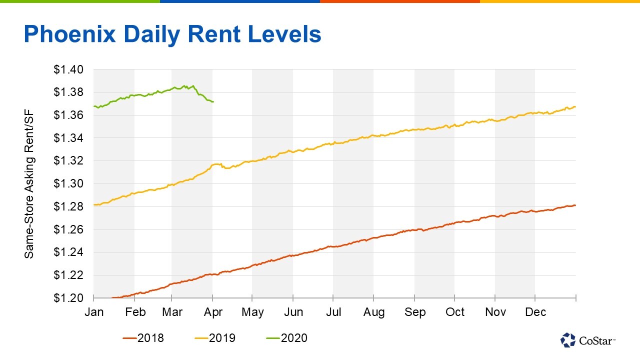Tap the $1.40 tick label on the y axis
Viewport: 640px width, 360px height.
coord(69,69)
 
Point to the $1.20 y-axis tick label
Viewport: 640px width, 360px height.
coord(69,298)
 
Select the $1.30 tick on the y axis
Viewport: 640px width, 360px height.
coord(69,183)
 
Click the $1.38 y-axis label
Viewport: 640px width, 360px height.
coord(69,92)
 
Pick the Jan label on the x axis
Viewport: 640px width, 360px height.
coord(94,312)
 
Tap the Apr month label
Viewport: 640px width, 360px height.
coord(212,312)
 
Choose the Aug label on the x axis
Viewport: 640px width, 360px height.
coord(374,312)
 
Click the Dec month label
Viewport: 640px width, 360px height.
coord(535,312)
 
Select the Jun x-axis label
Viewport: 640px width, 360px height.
coord(293,312)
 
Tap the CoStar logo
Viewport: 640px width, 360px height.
coord(588,340)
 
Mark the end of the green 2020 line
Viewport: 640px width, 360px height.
coord(213,102)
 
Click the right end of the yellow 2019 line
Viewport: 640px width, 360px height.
coord(575,106)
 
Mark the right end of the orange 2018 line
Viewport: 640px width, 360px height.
coord(575,205)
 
